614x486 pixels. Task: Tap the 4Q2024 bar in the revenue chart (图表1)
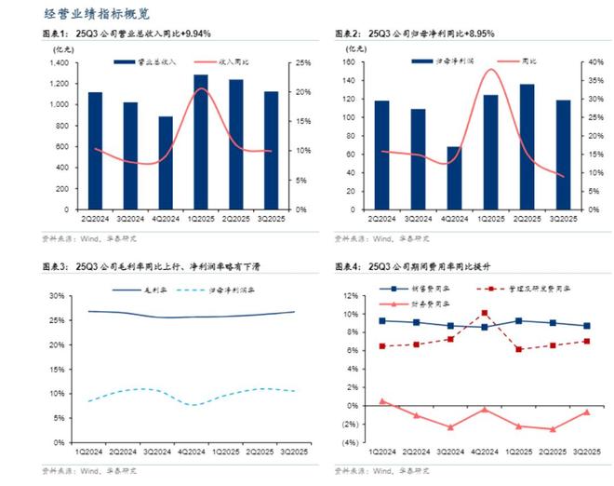pyautogui.click(x=165, y=162)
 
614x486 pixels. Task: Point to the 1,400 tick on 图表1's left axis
pyautogui.click(x=59, y=62)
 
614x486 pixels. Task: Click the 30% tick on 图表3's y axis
pyautogui.click(x=58, y=296)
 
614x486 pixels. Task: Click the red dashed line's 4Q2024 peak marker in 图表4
pyautogui.click(x=485, y=314)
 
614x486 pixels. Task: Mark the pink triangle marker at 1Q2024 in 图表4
pyautogui.click(x=382, y=401)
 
